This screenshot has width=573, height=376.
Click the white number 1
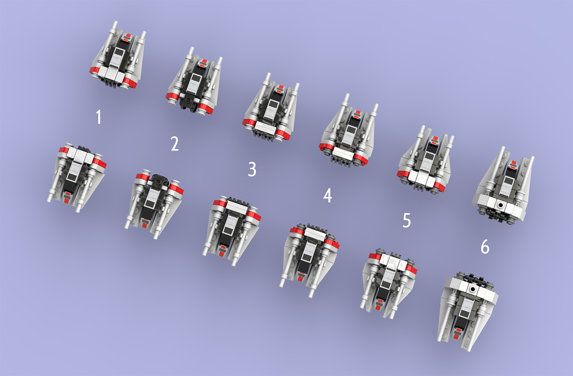point(99,117)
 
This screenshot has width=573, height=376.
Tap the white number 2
point(174,144)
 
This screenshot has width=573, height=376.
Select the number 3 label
point(252,170)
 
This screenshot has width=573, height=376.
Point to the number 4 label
point(327,196)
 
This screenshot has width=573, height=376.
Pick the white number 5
point(406,220)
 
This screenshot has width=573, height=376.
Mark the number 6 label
point(485,247)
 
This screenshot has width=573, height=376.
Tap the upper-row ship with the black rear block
point(194,83)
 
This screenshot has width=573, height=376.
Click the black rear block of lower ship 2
point(160,181)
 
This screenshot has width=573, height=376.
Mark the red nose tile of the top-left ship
point(127,36)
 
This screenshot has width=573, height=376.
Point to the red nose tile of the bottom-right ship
point(457,333)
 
